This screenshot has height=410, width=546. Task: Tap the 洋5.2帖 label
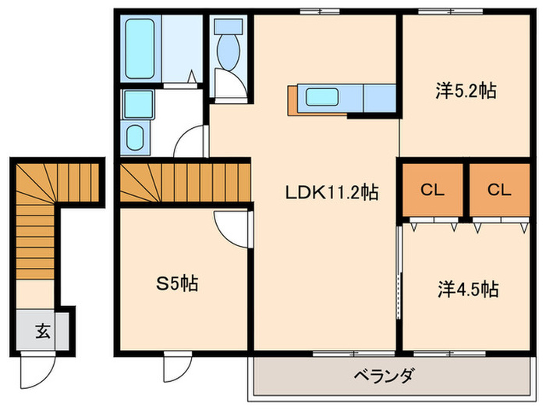pos(466,91)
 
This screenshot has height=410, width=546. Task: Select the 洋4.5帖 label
pos(466,290)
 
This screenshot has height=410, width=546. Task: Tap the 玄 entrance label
pos(41,331)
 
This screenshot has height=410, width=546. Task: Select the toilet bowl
pos(229,52)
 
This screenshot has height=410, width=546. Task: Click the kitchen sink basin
pos(321,98)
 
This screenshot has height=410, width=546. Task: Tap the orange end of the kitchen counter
pos(292,98)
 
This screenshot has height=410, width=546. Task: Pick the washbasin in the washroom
pos(137,138)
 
